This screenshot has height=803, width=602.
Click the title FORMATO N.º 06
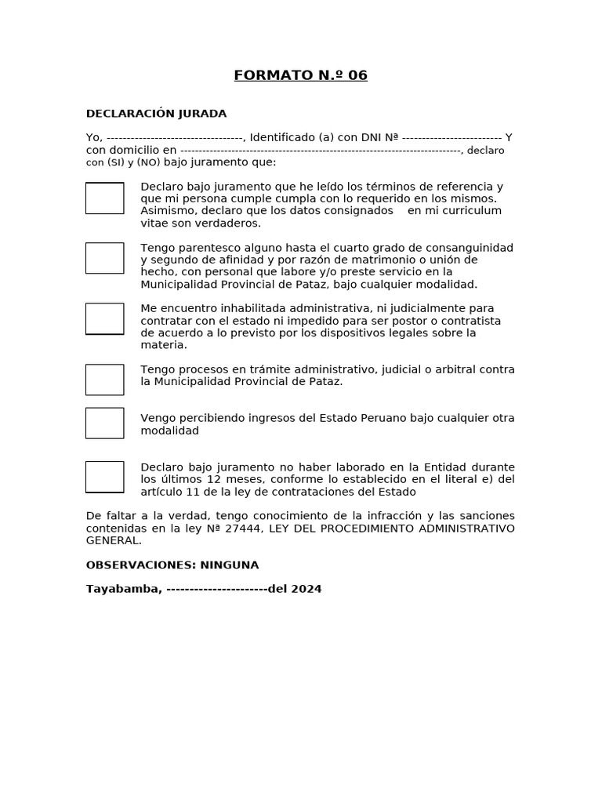coord(300,75)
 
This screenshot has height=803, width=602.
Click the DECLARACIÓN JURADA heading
coord(156,114)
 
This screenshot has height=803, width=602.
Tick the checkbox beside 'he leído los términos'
coord(104,198)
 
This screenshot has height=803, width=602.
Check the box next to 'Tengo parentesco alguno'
coord(104,258)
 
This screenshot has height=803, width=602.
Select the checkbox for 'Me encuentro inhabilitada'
coord(104,318)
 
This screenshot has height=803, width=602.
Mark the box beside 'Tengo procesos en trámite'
coord(104,380)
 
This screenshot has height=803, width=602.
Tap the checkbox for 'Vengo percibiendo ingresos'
coord(104,423)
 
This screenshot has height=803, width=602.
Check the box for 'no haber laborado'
coord(104,477)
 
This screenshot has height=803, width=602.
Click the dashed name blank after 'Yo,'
coord(174,138)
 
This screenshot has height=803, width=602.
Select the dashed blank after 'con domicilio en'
coord(321,150)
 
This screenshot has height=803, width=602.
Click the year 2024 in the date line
coord(306,589)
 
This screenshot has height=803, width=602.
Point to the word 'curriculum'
coord(470,211)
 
